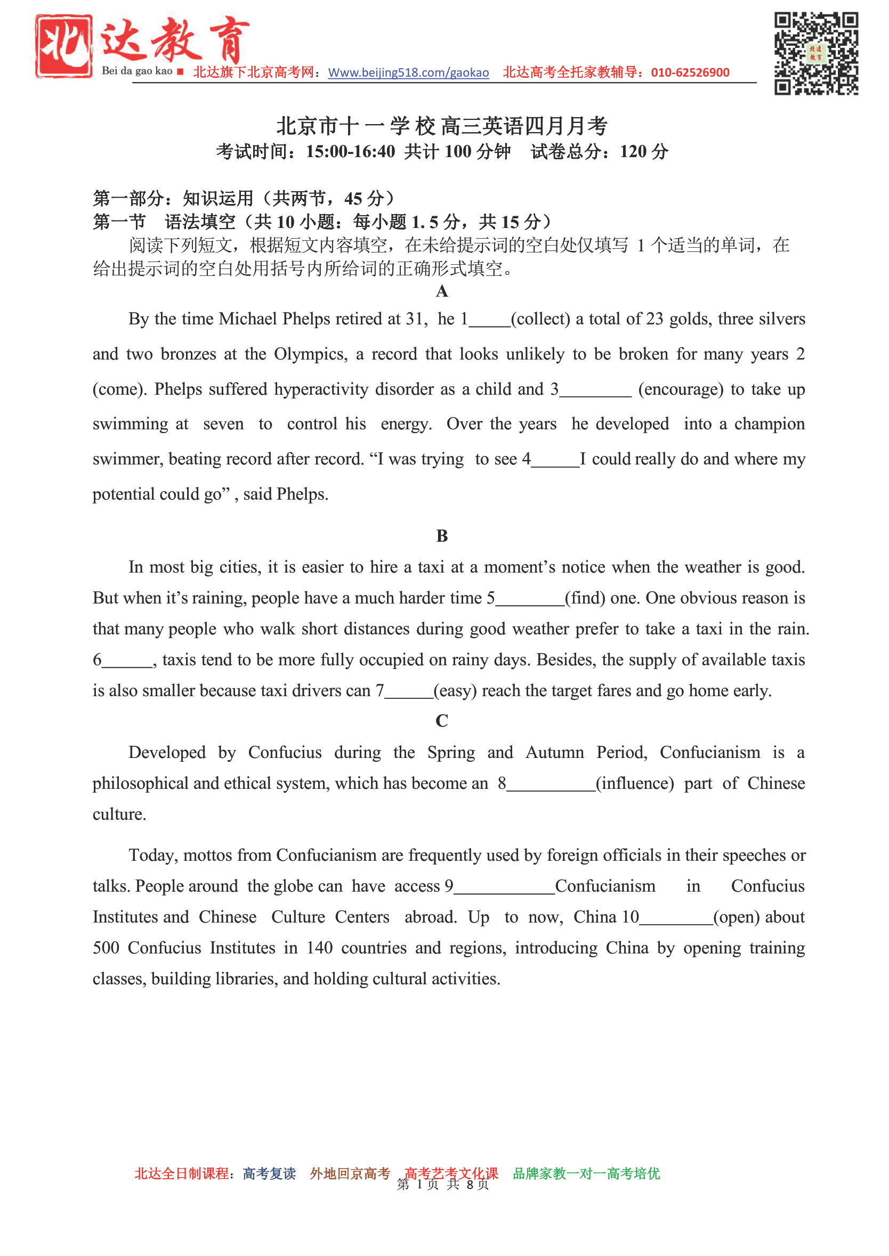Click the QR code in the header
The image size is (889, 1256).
click(x=815, y=53)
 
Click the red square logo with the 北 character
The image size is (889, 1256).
click(x=63, y=46)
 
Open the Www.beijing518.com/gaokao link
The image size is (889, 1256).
click(x=408, y=73)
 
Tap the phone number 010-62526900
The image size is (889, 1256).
click(x=690, y=73)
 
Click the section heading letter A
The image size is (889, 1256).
click(x=442, y=291)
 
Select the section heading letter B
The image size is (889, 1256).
click(x=442, y=536)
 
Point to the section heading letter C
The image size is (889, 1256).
click(x=442, y=721)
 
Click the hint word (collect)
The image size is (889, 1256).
click(x=540, y=319)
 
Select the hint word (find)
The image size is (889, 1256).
click(x=585, y=598)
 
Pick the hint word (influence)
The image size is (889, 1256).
click(x=635, y=784)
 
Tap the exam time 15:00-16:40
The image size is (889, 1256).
click(x=350, y=151)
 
